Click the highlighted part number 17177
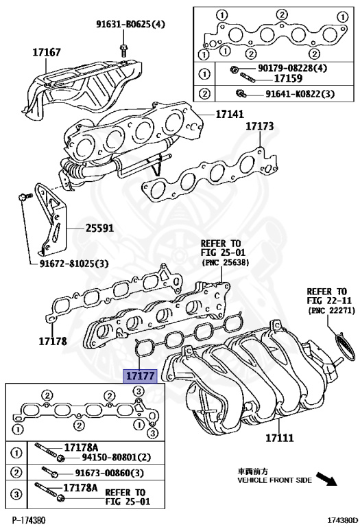click(x=139, y=376)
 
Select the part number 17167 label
click(x=47, y=51)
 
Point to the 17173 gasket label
click(x=260, y=127)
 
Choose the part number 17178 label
click(x=52, y=340)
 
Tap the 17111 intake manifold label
click(x=280, y=437)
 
